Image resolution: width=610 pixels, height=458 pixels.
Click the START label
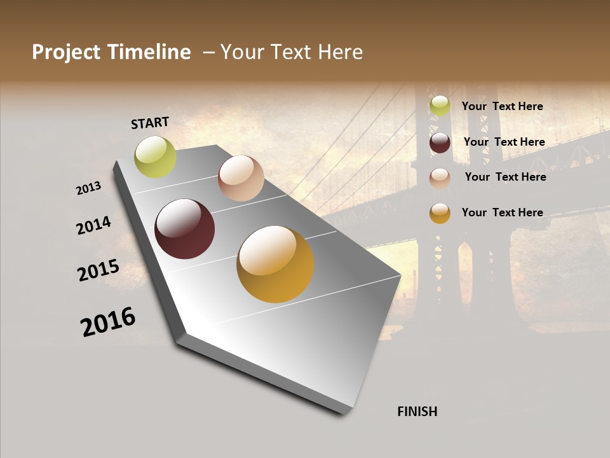click(x=150, y=123)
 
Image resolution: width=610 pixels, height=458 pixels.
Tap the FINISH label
click(x=417, y=412)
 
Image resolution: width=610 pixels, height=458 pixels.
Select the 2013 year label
click(x=88, y=188)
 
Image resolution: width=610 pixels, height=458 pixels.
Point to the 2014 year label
click(x=93, y=225)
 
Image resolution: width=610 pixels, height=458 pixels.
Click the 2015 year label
click(x=98, y=270)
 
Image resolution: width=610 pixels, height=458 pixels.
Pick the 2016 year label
click(x=108, y=322)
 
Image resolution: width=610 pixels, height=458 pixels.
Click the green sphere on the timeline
click(x=155, y=157)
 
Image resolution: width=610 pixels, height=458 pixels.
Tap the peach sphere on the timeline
click(x=241, y=178)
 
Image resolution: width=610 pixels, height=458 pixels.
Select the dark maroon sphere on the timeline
click(x=184, y=229)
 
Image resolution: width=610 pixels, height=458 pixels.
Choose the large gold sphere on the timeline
click(x=275, y=264)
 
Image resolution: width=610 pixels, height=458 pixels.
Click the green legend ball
click(x=440, y=106)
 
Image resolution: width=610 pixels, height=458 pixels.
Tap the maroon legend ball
click(x=440, y=142)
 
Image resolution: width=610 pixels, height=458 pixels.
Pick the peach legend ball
click(x=440, y=177)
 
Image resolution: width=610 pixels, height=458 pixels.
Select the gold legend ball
click(x=440, y=213)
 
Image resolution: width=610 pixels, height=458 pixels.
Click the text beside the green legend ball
click(x=502, y=106)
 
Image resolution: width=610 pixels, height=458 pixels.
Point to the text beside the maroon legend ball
click(x=504, y=142)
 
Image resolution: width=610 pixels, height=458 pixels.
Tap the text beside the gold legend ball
click(x=502, y=212)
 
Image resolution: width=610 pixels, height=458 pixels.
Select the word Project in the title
click(x=66, y=52)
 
